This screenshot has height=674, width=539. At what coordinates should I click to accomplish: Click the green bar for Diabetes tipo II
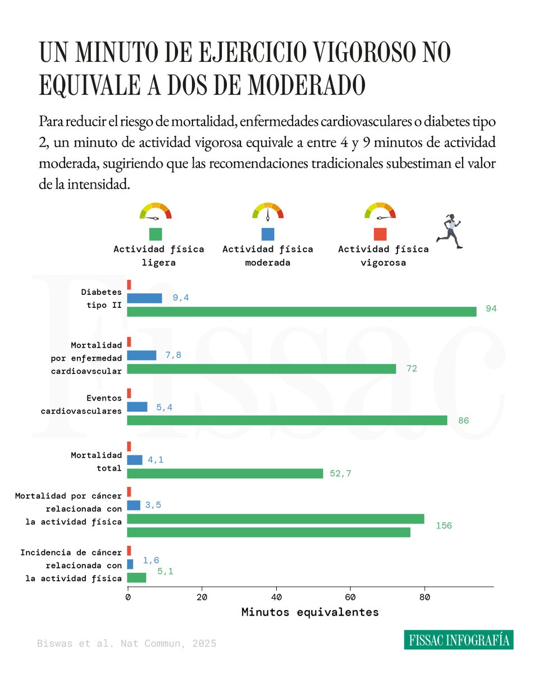(x=302, y=312)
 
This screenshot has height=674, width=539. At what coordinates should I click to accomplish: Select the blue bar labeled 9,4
(x=144, y=298)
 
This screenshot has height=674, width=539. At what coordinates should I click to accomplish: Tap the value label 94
(x=491, y=309)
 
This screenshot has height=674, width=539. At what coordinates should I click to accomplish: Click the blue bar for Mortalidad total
(x=135, y=460)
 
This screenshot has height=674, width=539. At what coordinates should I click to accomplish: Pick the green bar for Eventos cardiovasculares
(x=287, y=420)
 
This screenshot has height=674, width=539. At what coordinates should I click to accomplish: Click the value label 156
(x=444, y=526)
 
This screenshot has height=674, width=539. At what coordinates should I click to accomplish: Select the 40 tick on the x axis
(x=276, y=598)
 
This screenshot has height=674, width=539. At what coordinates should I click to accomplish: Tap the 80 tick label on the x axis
(x=424, y=598)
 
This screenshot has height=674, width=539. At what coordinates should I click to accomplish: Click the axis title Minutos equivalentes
(x=310, y=612)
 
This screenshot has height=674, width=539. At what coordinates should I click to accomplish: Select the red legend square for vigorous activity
(x=380, y=234)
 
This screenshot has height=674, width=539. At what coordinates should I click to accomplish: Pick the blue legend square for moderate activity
(x=268, y=234)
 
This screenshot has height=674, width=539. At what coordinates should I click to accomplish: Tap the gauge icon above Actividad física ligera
(x=156, y=211)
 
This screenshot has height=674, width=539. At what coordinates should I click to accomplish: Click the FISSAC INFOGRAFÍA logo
(x=458, y=640)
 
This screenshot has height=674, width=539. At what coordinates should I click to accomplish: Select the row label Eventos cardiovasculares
(x=81, y=404)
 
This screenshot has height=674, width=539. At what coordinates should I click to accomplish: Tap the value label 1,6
(x=151, y=560)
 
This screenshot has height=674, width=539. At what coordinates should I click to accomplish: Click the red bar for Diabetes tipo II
(x=129, y=285)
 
